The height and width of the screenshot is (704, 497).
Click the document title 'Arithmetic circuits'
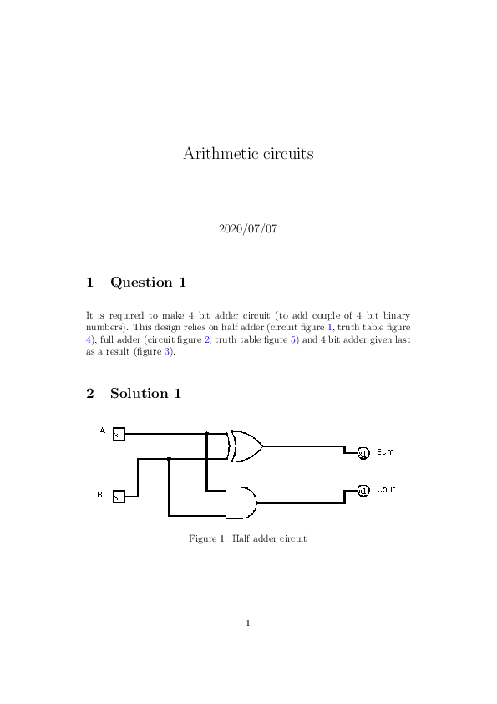pos(248,154)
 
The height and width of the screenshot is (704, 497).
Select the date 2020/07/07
pos(247,228)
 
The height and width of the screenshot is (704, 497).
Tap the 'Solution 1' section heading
pos(145,394)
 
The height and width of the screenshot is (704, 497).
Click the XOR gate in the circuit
pos(245,446)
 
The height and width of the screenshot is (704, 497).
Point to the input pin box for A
pos(119,434)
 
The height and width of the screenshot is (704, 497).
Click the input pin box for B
pos(119,497)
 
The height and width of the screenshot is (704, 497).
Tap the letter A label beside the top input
pos(102,431)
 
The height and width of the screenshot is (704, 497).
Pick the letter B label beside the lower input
pos(99,495)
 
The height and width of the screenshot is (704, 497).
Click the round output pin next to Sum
pos(363,453)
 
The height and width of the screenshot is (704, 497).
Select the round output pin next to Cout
pos(363,491)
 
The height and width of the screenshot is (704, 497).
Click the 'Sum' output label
pos(385,452)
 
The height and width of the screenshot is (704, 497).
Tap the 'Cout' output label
pos(386,489)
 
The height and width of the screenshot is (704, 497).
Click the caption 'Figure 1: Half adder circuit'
pos(248,538)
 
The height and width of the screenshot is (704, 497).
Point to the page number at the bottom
pos(248,622)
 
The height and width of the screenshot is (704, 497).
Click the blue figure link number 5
pos(293,340)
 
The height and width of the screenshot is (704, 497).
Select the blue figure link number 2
pos(206,340)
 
